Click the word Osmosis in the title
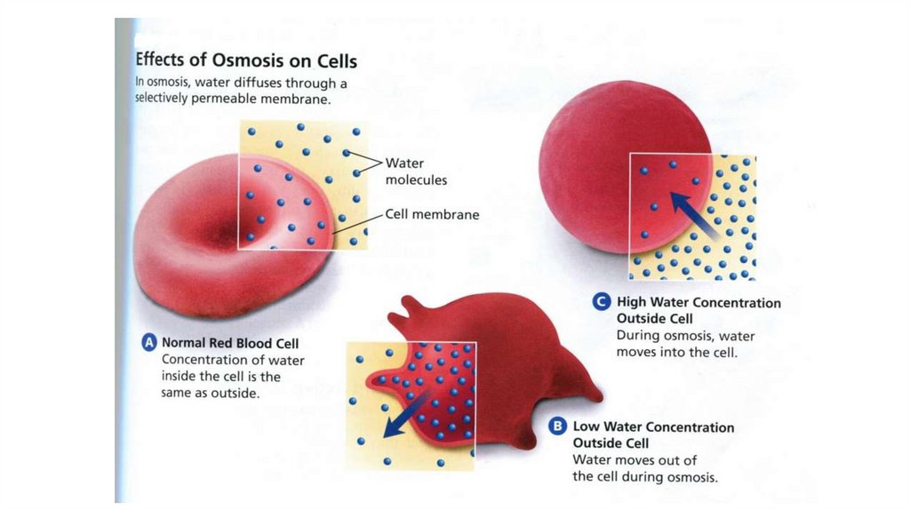[241, 61]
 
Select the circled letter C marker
[602, 302]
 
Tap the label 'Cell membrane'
[432, 214]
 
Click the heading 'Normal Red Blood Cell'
[230, 344]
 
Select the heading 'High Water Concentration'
[698, 303]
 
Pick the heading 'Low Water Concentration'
[653, 427]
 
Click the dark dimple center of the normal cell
[233, 233]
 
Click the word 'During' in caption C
[637, 336]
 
